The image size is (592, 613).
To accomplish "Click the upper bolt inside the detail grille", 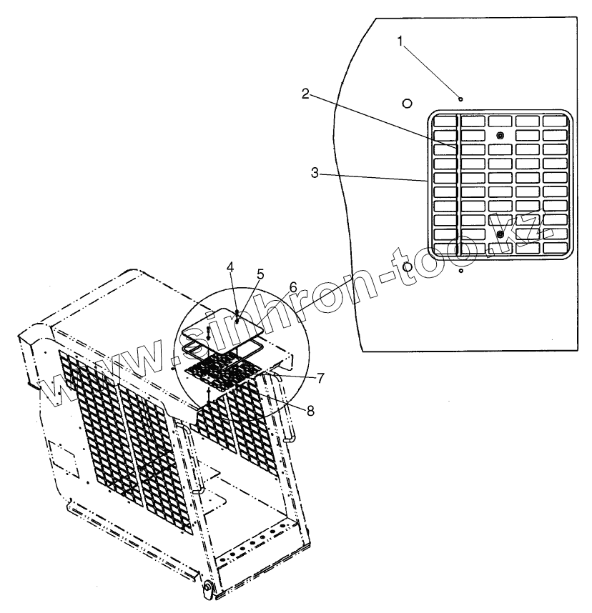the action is [500, 136].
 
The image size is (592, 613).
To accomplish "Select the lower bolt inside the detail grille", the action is [500, 234].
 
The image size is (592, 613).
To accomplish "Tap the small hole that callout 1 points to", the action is [461, 99].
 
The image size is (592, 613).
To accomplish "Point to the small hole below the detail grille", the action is [461, 271].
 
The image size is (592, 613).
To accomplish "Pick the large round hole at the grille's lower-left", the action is [408, 266].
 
